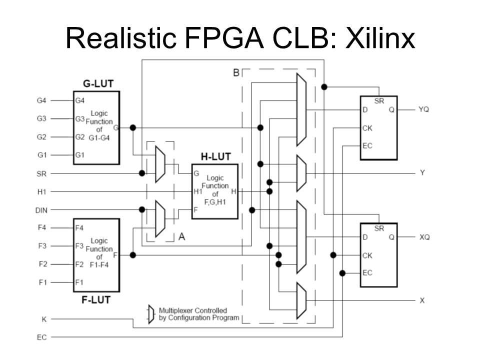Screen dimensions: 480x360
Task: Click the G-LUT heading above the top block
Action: pos(98,83)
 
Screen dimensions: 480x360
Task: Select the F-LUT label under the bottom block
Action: pos(96,299)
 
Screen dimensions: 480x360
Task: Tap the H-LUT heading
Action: pos(215,156)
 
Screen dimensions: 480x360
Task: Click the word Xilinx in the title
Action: pos(380,38)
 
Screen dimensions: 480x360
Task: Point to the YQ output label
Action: pos(423,109)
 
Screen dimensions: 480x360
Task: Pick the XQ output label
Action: pos(424,237)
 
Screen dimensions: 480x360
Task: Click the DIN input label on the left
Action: pos(41,210)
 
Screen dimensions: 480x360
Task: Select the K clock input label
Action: pos(44,319)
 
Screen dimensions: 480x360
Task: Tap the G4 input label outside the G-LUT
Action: pos(41,100)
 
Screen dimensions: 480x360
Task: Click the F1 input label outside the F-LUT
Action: pos(42,282)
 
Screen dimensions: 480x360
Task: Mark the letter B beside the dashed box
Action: pos(236,72)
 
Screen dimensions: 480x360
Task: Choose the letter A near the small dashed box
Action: pos(182,236)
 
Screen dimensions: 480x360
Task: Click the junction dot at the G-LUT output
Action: pos(133,127)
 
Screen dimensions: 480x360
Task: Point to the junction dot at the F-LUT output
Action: pos(133,255)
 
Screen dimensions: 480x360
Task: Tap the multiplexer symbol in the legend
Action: pos(151,314)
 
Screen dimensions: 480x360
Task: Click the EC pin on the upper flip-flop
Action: pos(367,145)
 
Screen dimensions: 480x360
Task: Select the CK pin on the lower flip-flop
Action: pos(367,255)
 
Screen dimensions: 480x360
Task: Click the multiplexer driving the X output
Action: pos(301,300)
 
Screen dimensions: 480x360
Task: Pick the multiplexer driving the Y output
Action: pos(301,173)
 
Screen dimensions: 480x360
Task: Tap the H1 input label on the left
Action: pos(41,192)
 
